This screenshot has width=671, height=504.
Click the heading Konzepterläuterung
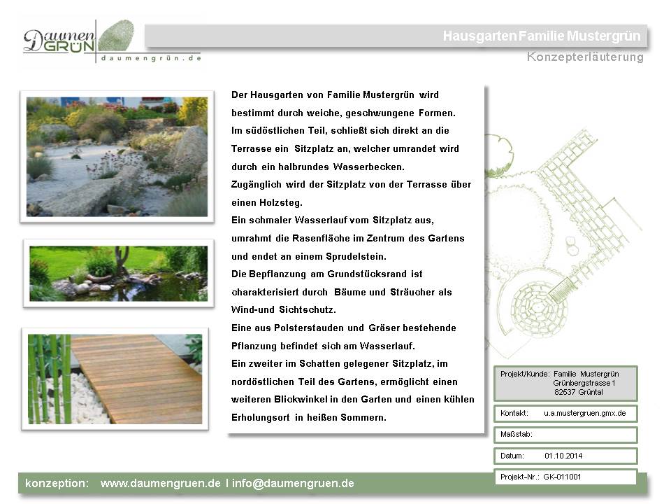(x=585, y=57)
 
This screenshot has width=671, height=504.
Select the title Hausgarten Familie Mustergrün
(x=541, y=36)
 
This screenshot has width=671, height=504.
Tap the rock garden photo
(x=116, y=156)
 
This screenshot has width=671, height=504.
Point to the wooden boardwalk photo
(x=115, y=378)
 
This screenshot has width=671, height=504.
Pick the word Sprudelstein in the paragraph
(x=356, y=255)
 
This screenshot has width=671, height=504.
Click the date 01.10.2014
(x=563, y=456)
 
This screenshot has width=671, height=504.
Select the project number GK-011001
(x=562, y=477)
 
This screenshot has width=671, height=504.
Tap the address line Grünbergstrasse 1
(x=584, y=383)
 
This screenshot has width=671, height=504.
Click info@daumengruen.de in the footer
(x=293, y=483)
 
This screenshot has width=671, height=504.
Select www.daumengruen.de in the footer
(x=160, y=483)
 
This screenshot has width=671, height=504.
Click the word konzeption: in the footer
(x=57, y=483)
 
